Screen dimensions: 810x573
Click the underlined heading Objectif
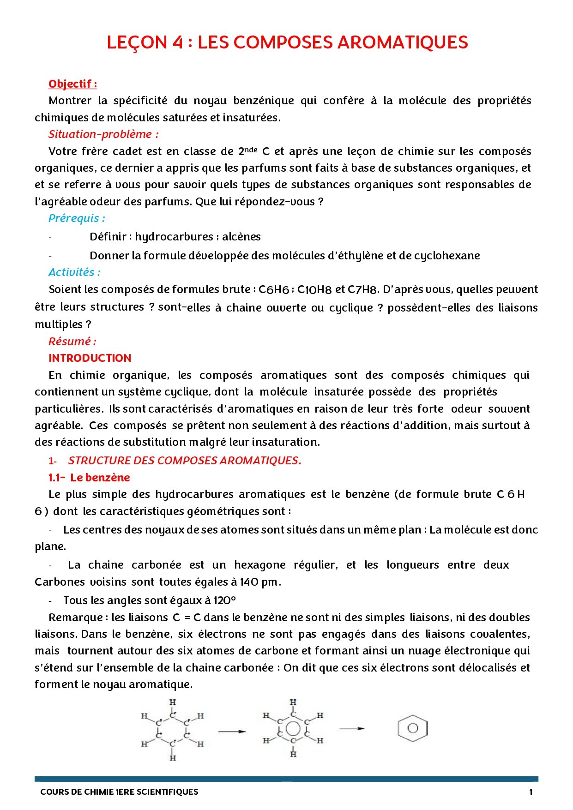(72, 84)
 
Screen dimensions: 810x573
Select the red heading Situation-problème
(103, 134)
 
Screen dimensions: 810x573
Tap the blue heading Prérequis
(77, 218)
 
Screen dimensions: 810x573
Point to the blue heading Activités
(74, 272)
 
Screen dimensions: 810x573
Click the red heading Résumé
(72, 342)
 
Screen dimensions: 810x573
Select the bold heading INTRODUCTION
(90, 358)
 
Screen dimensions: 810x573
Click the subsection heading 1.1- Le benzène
(89, 478)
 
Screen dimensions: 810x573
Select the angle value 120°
(224, 600)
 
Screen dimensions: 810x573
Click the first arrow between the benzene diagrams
(232, 732)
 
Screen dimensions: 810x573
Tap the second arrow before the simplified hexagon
(352, 729)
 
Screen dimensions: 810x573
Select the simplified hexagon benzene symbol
(413, 728)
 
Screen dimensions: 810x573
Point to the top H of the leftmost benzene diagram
(173, 702)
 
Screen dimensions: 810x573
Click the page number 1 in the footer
(531, 792)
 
